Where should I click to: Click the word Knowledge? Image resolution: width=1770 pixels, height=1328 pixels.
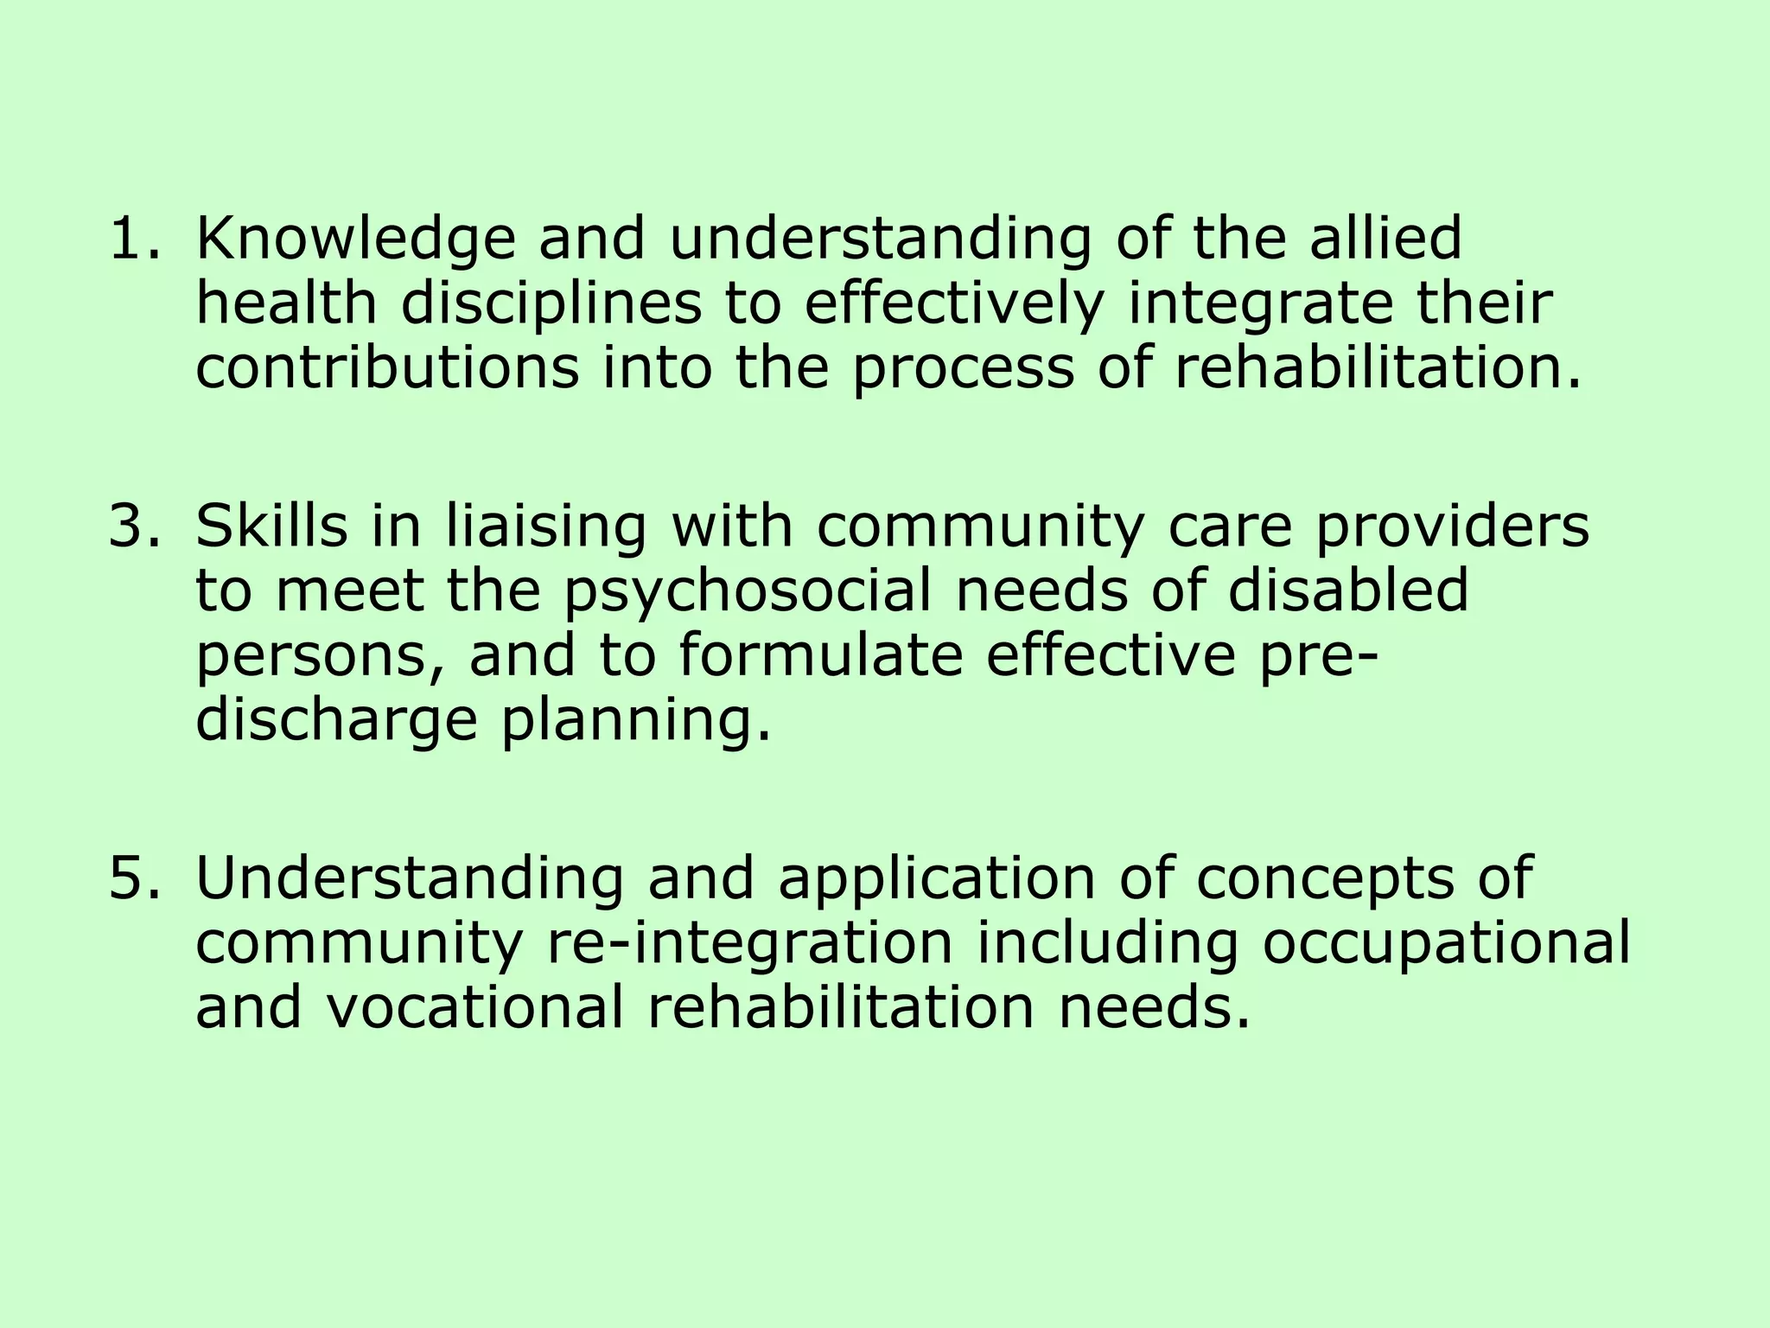[355, 239]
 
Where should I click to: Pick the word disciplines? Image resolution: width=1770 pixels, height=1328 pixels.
[551, 305]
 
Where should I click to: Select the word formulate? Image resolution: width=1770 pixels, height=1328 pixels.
[820, 655]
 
